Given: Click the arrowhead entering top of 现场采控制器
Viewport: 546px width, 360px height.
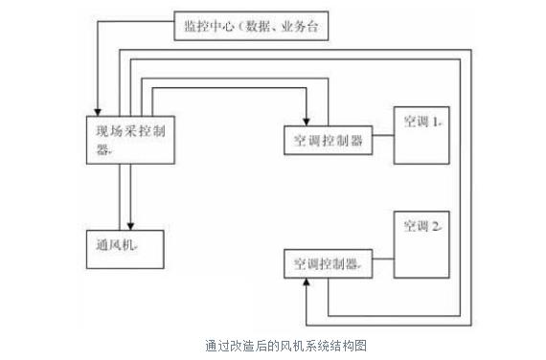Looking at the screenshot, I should (x=99, y=109).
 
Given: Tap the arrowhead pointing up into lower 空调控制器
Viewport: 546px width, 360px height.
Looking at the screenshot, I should (x=306, y=283).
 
